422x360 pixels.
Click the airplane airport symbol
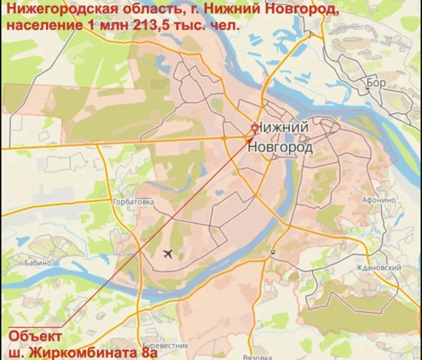168,254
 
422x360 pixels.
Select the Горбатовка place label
135,202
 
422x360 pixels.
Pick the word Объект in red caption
35,337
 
